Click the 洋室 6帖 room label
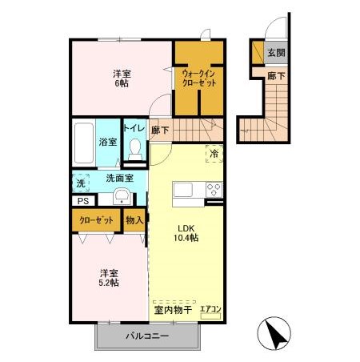pyautogui.click(x=122, y=78)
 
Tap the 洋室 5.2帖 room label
pyautogui.click(x=110, y=277)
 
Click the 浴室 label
pyautogui.click(x=107, y=142)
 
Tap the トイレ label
pyautogui.click(x=134, y=128)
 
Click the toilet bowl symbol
pyautogui.click(x=135, y=150)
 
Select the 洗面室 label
pyautogui.click(x=118, y=179)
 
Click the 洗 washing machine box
pyautogui.click(x=80, y=183)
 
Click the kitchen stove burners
pyautogui.click(x=214, y=190)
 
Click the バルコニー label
pyautogui.click(x=146, y=336)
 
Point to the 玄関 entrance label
pyautogui.click(x=276, y=53)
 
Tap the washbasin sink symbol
pyautogui.click(x=122, y=198)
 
